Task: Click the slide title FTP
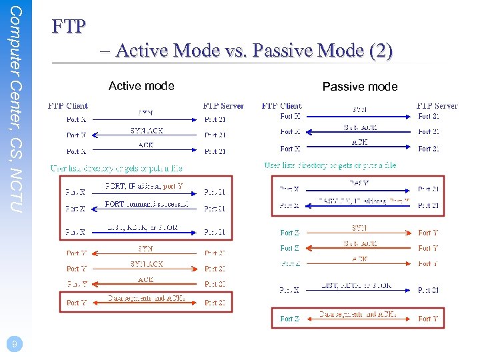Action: pos(69,26)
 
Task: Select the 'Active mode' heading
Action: pos(141,86)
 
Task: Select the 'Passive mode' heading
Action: pos(359,87)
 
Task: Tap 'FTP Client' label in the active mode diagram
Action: pos(67,106)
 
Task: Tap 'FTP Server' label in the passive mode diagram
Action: pos(437,106)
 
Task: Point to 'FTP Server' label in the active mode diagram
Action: pos(223,106)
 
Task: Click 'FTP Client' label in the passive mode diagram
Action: pos(281,106)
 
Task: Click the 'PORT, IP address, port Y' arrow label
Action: pos(144,186)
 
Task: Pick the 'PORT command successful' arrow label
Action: pos(146,204)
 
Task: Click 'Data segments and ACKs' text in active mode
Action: pos(147,298)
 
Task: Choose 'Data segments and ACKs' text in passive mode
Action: pos(357,314)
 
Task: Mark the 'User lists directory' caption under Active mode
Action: pos(117,169)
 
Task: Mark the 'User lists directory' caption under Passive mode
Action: pos(330,165)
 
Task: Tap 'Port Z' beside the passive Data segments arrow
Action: pos(290,319)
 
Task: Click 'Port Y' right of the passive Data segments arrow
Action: pos(428,319)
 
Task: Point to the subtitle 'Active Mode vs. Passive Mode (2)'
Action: pos(253,51)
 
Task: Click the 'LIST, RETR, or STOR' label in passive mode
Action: pos(357,285)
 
